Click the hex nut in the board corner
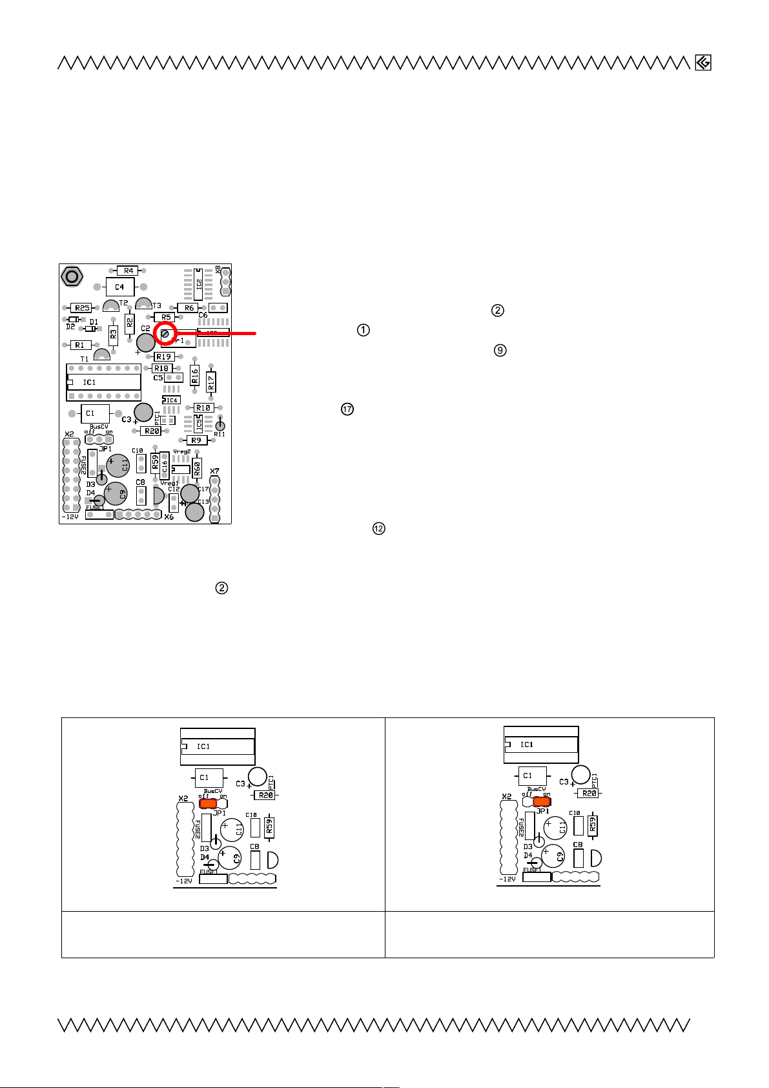coord(72,276)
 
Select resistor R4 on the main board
coord(128,271)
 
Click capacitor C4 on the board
coord(119,287)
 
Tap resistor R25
coord(81,308)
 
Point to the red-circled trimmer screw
coord(165,334)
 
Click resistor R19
coord(163,356)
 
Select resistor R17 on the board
coord(211,381)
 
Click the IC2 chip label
coord(198,284)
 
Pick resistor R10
coord(203,408)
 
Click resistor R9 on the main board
coord(196,440)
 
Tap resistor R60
coord(197,467)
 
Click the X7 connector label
coord(215,471)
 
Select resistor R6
coord(189,308)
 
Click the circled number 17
coord(347,409)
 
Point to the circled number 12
coord(378,529)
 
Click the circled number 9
coord(500,351)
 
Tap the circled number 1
coord(364,330)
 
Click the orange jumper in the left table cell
coord(208,803)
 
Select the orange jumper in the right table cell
coord(541,801)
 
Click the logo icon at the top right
coord(703,63)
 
